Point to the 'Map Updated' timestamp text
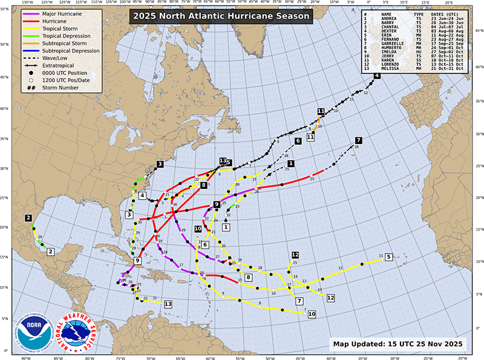(398, 344)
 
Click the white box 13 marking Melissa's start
(168, 304)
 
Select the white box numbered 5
(388, 257)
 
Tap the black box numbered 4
(377, 76)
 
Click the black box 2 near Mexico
(28, 218)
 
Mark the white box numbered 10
(312, 314)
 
